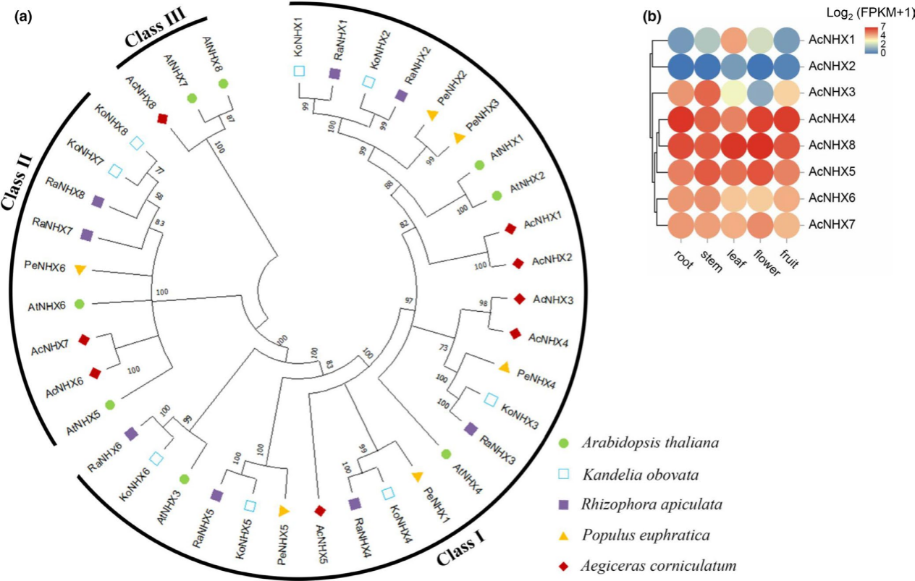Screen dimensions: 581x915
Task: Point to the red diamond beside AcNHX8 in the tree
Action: (x=163, y=118)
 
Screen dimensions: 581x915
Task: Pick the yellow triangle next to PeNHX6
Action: (x=81, y=270)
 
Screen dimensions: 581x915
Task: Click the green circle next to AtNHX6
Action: (x=80, y=305)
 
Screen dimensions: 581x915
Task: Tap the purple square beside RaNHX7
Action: (x=87, y=234)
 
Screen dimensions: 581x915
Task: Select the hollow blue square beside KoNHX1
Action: (x=298, y=70)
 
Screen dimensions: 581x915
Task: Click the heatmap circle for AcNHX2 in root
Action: (x=682, y=67)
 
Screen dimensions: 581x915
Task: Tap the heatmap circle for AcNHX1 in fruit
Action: (x=788, y=41)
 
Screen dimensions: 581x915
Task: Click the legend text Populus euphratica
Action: (x=644, y=536)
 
